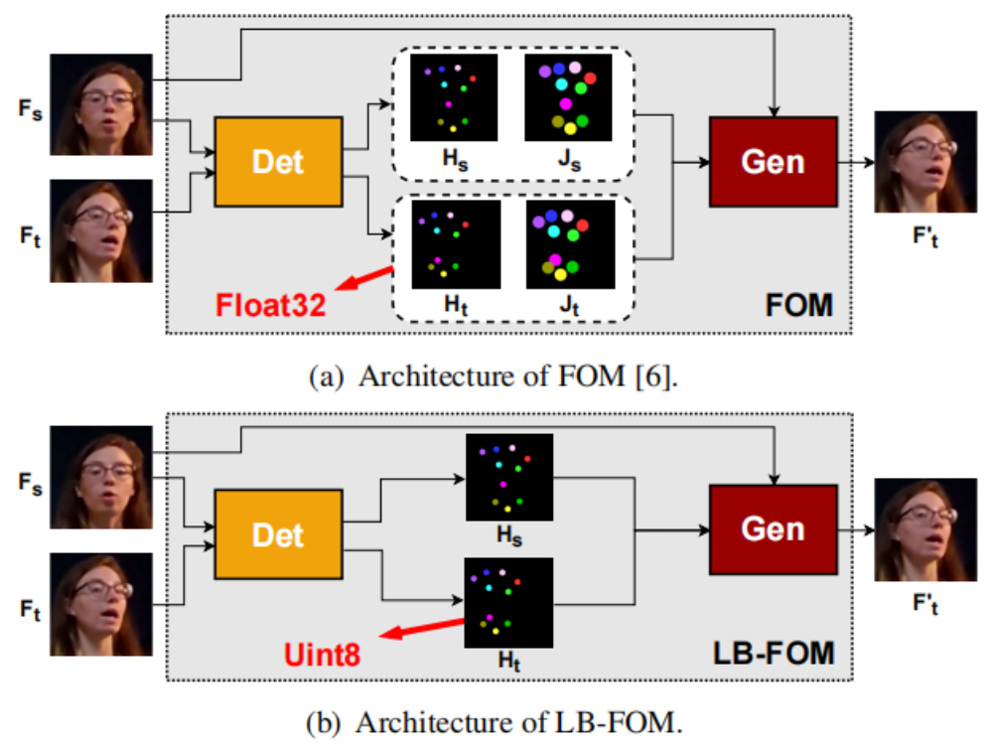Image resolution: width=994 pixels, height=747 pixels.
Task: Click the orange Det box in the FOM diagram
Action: pyautogui.click(x=278, y=162)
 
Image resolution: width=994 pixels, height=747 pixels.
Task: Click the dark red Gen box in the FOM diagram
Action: pyautogui.click(x=773, y=160)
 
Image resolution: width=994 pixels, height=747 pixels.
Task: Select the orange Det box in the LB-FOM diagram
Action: pyautogui.click(x=278, y=534)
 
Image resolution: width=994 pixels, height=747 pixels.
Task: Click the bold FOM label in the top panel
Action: pyautogui.click(x=801, y=305)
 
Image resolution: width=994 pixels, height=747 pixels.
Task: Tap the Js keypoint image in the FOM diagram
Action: pyautogui.click(x=566, y=96)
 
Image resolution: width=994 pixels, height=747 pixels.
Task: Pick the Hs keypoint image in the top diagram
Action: pyautogui.click(x=454, y=96)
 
